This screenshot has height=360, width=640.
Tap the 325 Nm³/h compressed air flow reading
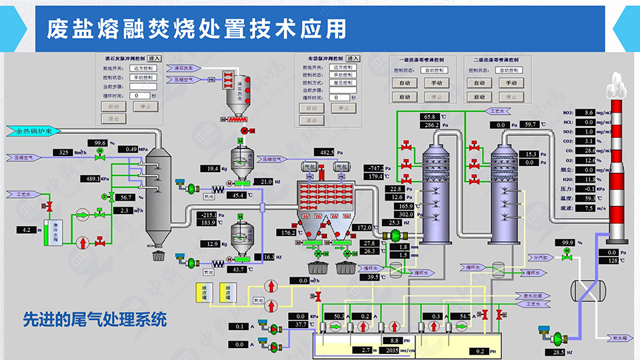pyautogui.click(x=64, y=153)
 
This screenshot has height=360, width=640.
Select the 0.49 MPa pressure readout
pyautogui.click(x=129, y=149)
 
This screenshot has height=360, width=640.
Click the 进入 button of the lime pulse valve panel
pyautogui.click(x=154, y=59)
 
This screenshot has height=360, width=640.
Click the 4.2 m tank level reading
pyautogui.click(x=26, y=230)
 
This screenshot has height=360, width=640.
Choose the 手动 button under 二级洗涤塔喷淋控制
pyautogui.click(x=508, y=83)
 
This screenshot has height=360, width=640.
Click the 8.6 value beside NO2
pyautogui.click(x=587, y=113)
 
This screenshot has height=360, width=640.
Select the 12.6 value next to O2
pyautogui.click(x=587, y=160)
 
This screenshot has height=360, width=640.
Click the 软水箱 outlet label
pyautogui.click(x=619, y=339)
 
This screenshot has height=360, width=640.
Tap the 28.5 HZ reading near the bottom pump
pyautogui.click(x=553, y=352)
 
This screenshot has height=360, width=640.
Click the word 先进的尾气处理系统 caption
pyautogui.click(x=93, y=321)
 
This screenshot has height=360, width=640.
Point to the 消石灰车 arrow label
pyautogui.click(x=183, y=68)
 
